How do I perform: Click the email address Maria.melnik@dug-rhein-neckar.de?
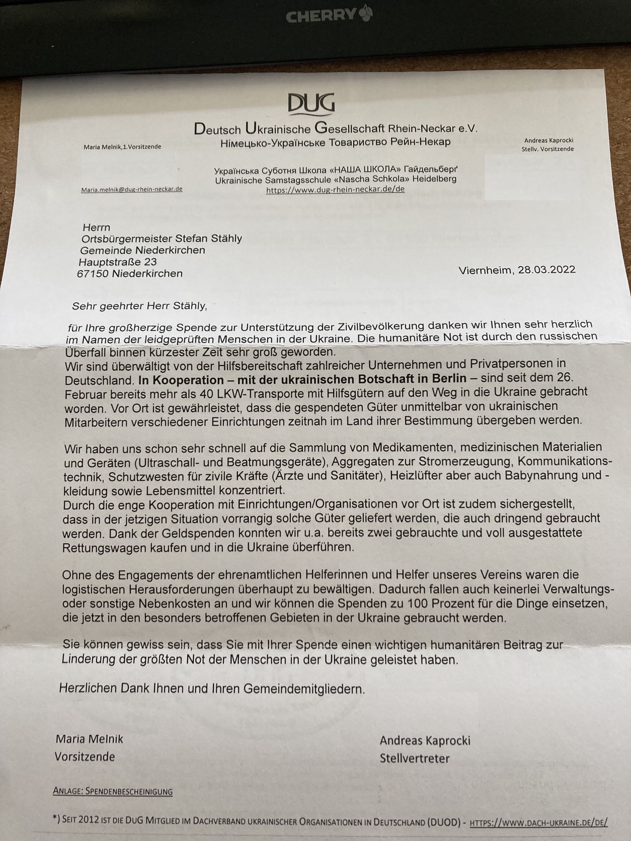(132, 189)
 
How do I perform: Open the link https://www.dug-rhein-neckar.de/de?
(335, 190)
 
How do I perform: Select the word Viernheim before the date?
(485, 271)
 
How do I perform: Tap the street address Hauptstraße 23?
(118, 262)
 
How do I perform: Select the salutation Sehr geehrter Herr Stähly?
(139, 306)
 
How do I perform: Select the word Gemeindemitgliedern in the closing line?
(304, 689)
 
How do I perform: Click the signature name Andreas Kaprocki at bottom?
(425, 740)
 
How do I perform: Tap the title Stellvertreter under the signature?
(415, 759)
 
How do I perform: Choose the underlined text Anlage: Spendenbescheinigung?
(113, 792)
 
